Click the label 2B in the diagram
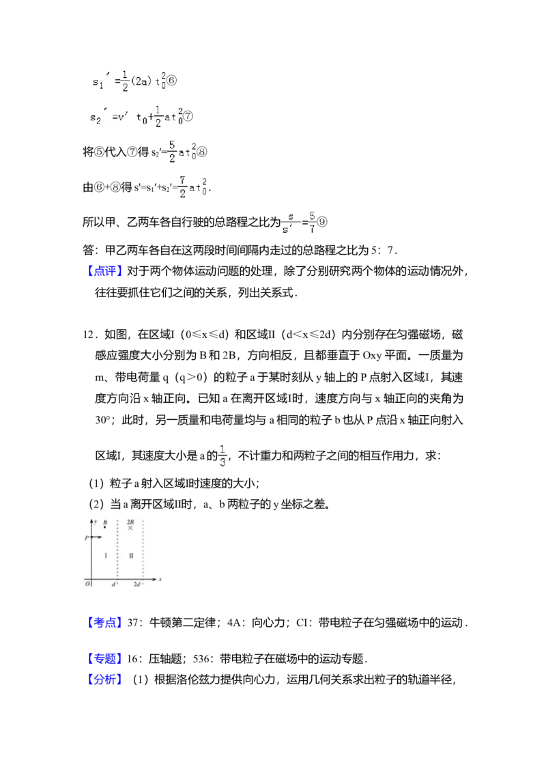[x=130, y=521]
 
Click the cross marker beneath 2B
[x=130, y=529]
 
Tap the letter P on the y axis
[x=87, y=538]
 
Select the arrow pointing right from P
[x=96, y=538]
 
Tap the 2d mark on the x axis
[x=137, y=585]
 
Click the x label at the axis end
[x=160, y=579]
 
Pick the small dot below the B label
[x=104, y=528]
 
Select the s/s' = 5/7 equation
[x=300, y=222]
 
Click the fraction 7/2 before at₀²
[x=182, y=186]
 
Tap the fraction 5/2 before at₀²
[x=172, y=151]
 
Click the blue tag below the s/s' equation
[x=106, y=271]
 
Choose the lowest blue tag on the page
[x=106, y=680]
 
